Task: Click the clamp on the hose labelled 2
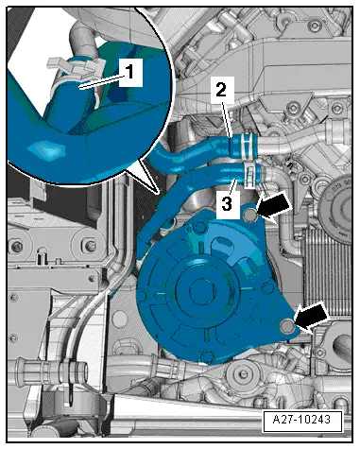pos(246,146)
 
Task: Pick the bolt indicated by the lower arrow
pos(288,327)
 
